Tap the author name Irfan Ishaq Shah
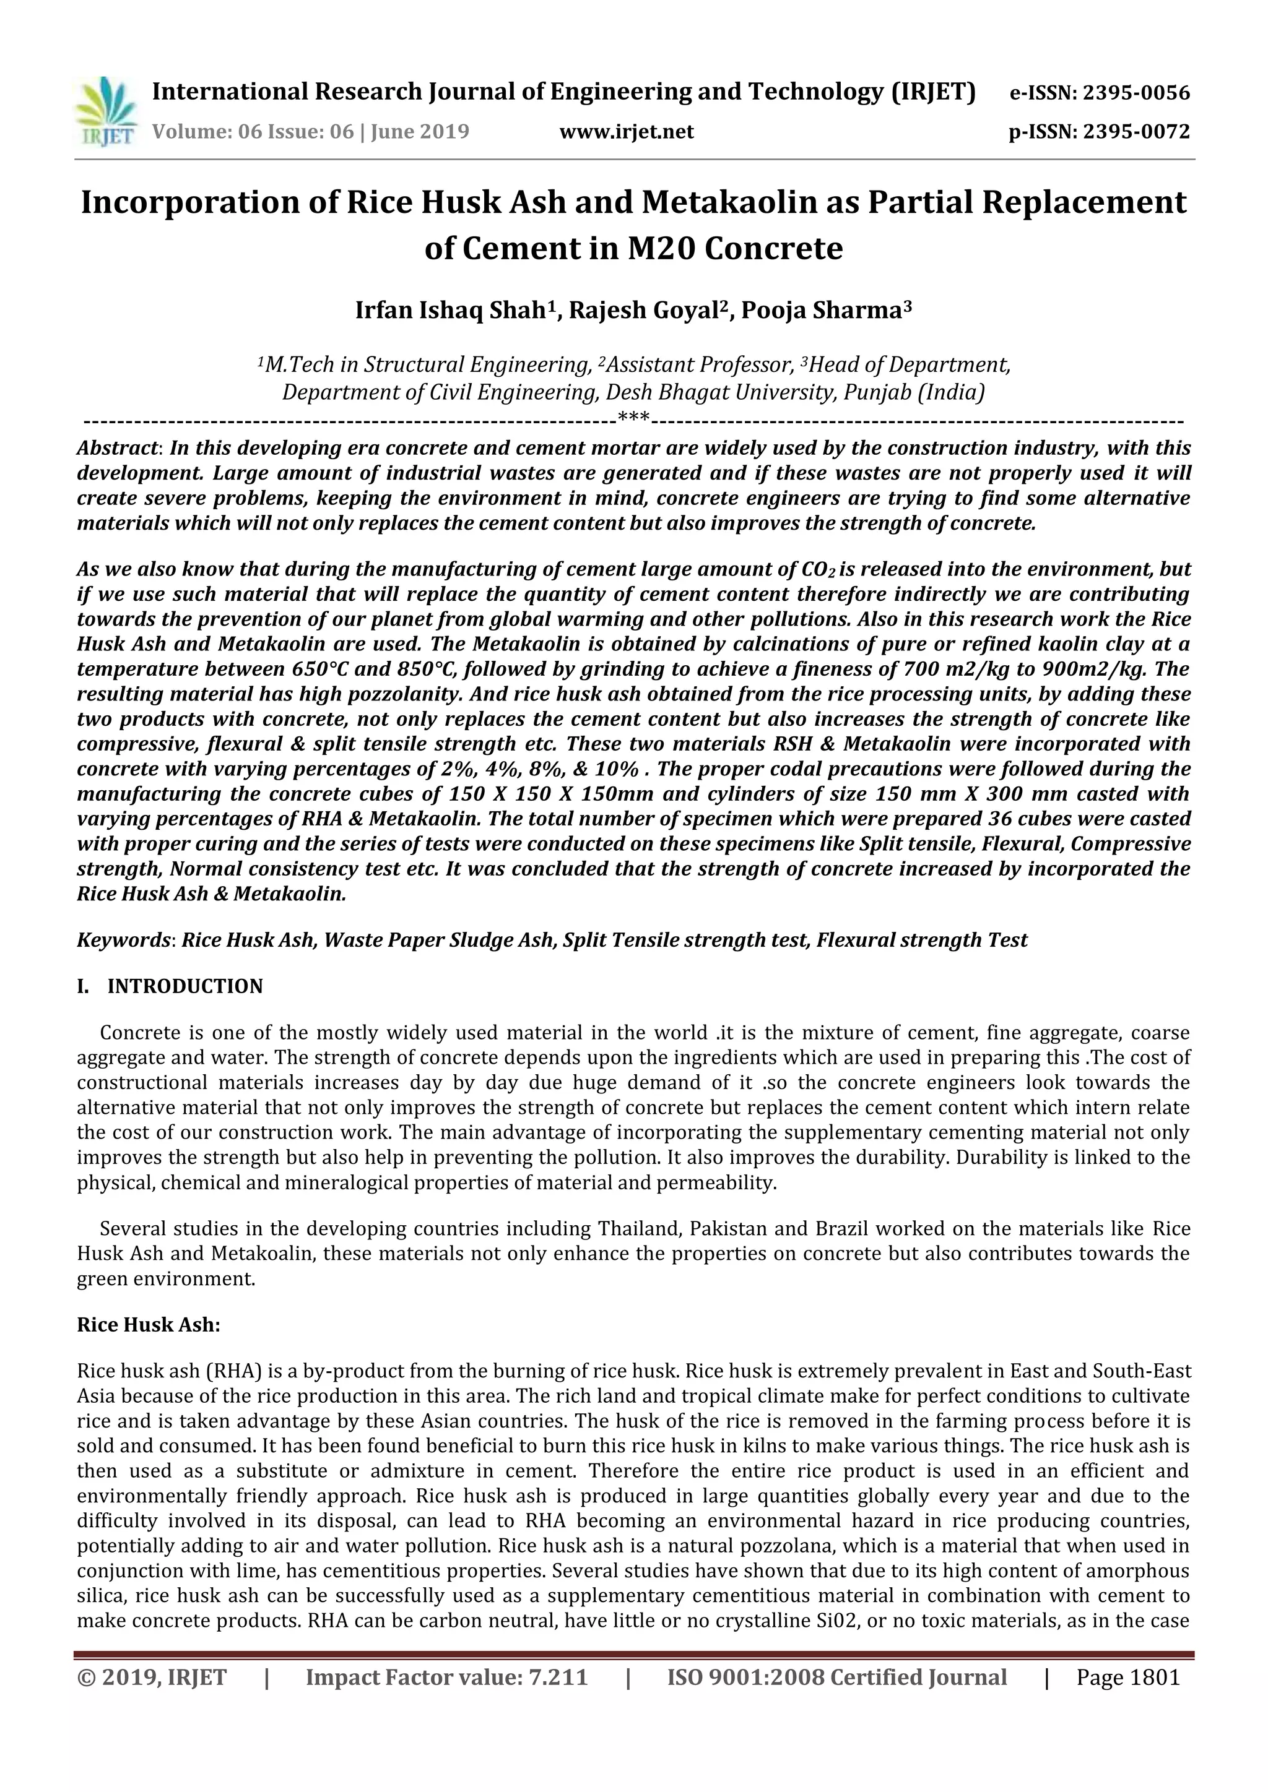[x=449, y=311]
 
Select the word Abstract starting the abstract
[x=117, y=448]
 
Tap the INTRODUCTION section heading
[x=185, y=986]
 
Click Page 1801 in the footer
[x=1127, y=1678]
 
